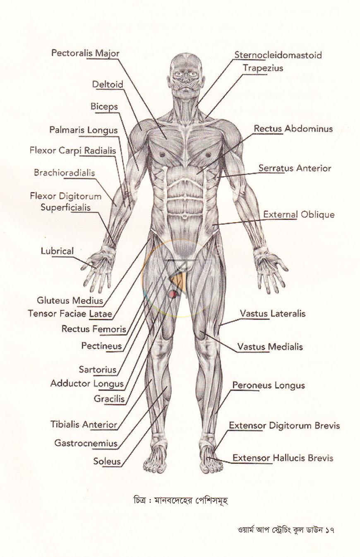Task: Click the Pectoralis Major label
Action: coord(85,53)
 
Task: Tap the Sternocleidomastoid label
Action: coord(278,55)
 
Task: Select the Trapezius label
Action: coord(263,68)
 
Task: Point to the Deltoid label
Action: coord(108,84)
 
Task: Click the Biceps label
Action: coord(104,107)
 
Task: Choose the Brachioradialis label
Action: coord(65,173)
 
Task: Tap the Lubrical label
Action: coord(57,251)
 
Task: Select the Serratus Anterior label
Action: coord(295,168)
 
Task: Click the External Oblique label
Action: coord(299,215)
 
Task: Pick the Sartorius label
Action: coord(98,370)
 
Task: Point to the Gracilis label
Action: coord(109,399)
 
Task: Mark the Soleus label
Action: coord(107,461)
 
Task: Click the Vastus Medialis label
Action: coord(270,347)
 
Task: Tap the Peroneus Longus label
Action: coord(269,386)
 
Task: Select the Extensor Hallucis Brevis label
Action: coord(283,458)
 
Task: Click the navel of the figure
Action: coord(184,216)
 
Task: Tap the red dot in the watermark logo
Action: coord(173,294)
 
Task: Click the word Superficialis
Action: coord(65,207)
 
